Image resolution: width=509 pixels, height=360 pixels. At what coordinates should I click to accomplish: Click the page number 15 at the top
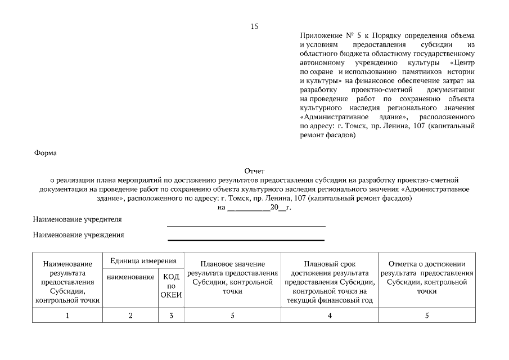point(254,26)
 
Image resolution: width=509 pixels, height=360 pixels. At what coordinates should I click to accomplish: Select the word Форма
point(46,152)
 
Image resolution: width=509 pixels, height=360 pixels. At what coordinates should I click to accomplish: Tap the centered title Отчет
point(254,171)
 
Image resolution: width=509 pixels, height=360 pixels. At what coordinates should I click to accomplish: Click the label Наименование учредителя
point(77,219)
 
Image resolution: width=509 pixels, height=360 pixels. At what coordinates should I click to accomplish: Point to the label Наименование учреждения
point(78,235)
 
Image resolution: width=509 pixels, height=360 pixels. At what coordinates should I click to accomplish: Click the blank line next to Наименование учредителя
point(246,225)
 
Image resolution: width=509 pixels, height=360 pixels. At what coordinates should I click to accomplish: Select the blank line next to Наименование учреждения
point(246,240)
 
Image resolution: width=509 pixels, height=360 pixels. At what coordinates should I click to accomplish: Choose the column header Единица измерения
point(143,261)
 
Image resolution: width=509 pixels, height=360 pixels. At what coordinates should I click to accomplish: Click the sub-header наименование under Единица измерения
point(130,277)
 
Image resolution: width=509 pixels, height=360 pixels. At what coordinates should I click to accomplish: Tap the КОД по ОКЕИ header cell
point(171,286)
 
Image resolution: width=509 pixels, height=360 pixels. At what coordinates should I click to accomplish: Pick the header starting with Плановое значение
point(232,277)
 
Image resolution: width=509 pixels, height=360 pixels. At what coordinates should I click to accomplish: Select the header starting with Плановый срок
point(330,282)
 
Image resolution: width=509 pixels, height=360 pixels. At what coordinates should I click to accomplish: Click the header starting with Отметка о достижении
point(427,277)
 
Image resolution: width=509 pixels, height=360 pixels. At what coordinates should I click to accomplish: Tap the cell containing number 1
point(67,316)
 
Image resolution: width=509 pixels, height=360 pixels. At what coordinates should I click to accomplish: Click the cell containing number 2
point(130,316)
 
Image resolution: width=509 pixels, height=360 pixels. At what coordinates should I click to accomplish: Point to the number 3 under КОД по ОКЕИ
point(171,316)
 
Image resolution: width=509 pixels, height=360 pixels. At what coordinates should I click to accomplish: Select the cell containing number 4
point(330,316)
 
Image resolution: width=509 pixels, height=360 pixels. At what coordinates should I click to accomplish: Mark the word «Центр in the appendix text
point(462,63)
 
